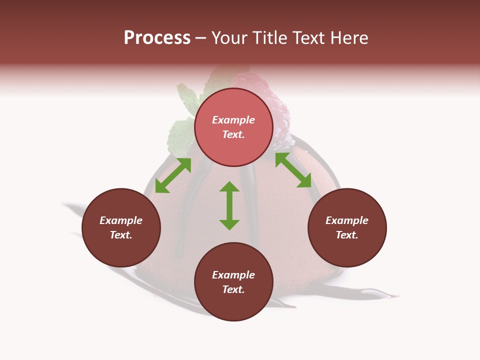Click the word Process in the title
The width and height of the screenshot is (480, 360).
pos(157,38)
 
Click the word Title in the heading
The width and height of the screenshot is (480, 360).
pos(270,38)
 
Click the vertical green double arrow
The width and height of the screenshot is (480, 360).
pos(229,205)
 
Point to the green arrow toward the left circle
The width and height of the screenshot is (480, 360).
pos(173,175)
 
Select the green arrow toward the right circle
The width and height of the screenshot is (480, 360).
pos(293,170)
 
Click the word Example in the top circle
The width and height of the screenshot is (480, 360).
pos(233,120)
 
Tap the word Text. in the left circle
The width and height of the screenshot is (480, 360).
pos(121,235)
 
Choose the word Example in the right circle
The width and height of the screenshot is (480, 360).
pos(347,220)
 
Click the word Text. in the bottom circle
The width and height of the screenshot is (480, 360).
pos(233,289)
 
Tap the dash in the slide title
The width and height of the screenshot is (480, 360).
pos(201,38)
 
